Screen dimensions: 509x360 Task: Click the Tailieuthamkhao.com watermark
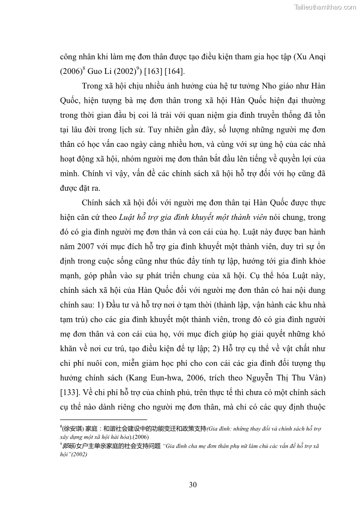(x=325, y=7)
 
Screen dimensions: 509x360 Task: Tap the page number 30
(x=193, y=485)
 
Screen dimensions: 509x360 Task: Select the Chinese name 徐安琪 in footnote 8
(x=70, y=428)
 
